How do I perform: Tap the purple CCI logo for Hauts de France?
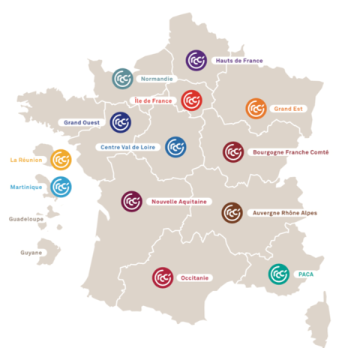(x=196, y=61)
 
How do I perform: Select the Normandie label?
(x=156, y=78)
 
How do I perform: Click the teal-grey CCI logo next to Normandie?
(x=122, y=78)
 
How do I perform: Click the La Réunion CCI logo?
(x=61, y=159)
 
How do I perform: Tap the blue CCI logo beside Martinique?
(x=61, y=186)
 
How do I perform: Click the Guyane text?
(x=31, y=253)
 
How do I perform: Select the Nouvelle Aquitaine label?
(x=178, y=202)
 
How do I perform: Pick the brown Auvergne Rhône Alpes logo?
(x=232, y=213)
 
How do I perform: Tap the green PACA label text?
(x=305, y=274)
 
